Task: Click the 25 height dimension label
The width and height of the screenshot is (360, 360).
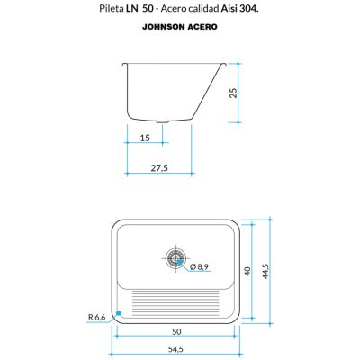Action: (234, 93)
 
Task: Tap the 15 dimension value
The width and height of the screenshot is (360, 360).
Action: (145, 138)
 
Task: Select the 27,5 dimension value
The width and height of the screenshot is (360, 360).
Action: (159, 168)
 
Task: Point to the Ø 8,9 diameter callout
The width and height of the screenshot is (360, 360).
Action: (199, 266)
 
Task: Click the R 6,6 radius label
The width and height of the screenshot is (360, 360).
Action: (97, 317)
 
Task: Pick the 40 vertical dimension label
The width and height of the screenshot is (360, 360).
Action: (247, 272)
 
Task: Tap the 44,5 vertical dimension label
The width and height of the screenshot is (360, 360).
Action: (265, 271)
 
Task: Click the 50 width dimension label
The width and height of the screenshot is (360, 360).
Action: (176, 331)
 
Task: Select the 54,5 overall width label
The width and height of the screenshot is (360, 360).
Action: (175, 349)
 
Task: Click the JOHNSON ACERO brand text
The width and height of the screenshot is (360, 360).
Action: (180, 27)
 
